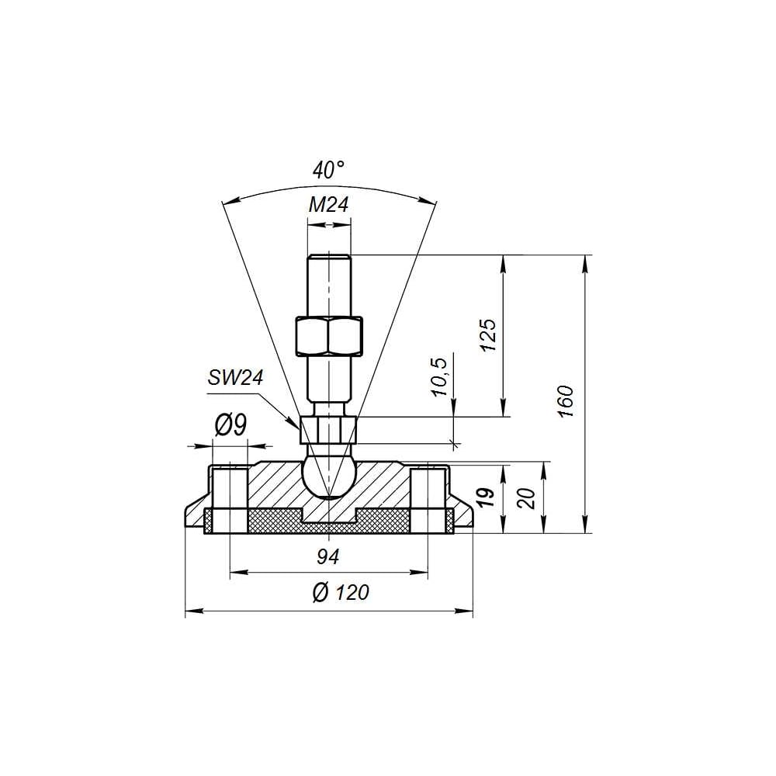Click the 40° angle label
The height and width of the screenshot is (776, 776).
(x=328, y=170)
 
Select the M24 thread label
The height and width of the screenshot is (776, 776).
(x=328, y=204)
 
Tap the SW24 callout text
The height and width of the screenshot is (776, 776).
(x=236, y=378)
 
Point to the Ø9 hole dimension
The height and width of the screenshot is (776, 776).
(x=230, y=425)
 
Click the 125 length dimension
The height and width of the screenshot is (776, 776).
(x=488, y=335)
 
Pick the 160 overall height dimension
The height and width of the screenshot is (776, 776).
(x=566, y=401)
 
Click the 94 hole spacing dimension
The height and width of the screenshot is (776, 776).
(x=327, y=557)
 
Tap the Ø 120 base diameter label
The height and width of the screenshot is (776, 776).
(x=341, y=592)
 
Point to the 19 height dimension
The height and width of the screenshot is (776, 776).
(x=487, y=497)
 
